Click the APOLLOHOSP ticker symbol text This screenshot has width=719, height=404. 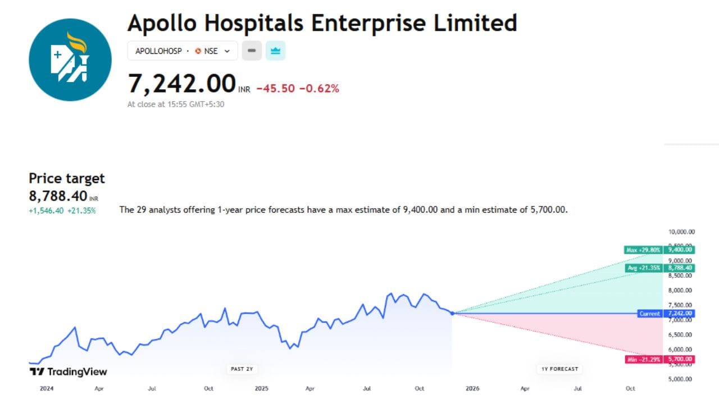point(158,51)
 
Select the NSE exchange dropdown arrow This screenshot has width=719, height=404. point(227,51)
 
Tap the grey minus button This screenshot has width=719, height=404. point(252,51)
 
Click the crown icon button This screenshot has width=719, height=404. point(275,51)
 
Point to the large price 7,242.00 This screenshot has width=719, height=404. point(181,84)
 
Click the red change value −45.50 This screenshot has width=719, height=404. point(275,89)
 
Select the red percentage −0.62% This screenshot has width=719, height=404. point(319,89)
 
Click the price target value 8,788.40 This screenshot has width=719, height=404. point(58,196)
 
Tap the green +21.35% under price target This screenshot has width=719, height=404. point(81,211)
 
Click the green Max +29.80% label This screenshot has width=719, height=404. point(643,250)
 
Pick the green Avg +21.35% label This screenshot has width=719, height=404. point(643,268)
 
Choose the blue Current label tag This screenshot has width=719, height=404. point(650,314)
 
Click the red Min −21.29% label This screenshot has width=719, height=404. point(643,359)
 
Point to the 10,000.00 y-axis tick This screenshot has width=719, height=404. point(680,231)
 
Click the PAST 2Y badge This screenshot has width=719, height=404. point(241,369)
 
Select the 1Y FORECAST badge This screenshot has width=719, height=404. point(558,369)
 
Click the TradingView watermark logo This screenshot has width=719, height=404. point(68,371)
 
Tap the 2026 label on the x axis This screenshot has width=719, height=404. point(472,388)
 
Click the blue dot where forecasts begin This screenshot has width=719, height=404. point(453,313)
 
